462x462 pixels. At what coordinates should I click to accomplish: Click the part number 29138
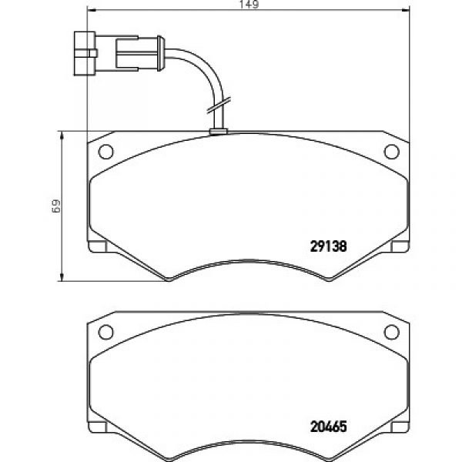329,246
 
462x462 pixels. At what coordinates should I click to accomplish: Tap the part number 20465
329,427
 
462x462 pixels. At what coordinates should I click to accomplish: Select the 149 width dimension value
249,5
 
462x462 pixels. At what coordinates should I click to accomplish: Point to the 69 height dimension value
55,206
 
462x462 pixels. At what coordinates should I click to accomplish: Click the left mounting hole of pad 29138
105,152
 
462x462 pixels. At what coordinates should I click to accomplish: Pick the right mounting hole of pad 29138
392,152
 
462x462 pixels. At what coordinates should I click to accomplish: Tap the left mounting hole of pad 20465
105,332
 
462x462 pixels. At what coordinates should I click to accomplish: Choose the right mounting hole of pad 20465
392,332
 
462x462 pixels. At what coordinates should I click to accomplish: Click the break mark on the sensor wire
219,105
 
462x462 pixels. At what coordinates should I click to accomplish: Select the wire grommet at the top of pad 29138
218,132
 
